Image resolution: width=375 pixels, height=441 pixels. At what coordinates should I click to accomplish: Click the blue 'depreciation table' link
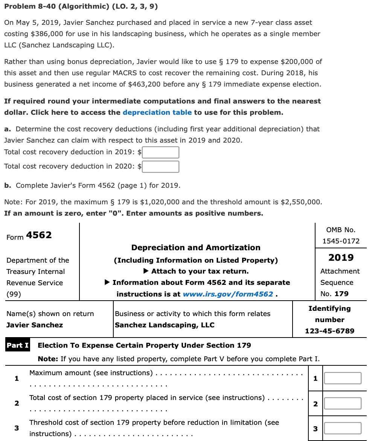click(157, 113)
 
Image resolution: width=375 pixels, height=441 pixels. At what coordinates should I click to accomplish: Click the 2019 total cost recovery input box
click(160, 152)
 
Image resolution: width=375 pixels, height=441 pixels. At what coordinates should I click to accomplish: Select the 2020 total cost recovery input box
click(160, 166)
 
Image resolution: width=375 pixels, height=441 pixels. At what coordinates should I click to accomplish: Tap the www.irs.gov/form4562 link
click(228, 294)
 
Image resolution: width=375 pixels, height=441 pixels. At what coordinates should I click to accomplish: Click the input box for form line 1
click(343, 378)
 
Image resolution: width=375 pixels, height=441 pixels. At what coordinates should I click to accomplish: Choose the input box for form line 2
click(343, 403)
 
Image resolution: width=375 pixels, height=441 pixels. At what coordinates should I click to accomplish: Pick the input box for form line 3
click(343, 428)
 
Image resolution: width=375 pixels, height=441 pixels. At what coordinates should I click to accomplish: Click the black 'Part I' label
click(18, 345)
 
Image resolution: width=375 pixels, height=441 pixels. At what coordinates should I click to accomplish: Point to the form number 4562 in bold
click(39, 235)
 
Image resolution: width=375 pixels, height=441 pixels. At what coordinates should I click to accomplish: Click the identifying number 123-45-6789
click(329, 331)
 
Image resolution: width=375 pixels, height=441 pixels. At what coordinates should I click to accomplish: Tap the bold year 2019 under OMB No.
click(341, 258)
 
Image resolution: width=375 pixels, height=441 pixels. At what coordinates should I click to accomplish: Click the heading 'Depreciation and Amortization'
click(196, 248)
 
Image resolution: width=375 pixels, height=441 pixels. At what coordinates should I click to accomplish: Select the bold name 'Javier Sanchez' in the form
click(35, 325)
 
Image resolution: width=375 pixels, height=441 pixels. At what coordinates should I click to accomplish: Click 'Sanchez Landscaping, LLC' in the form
click(165, 325)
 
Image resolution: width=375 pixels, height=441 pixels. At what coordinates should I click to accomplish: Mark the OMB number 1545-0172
click(341, 241)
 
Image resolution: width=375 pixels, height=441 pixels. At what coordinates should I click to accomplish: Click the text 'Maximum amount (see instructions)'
click(91, 373)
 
